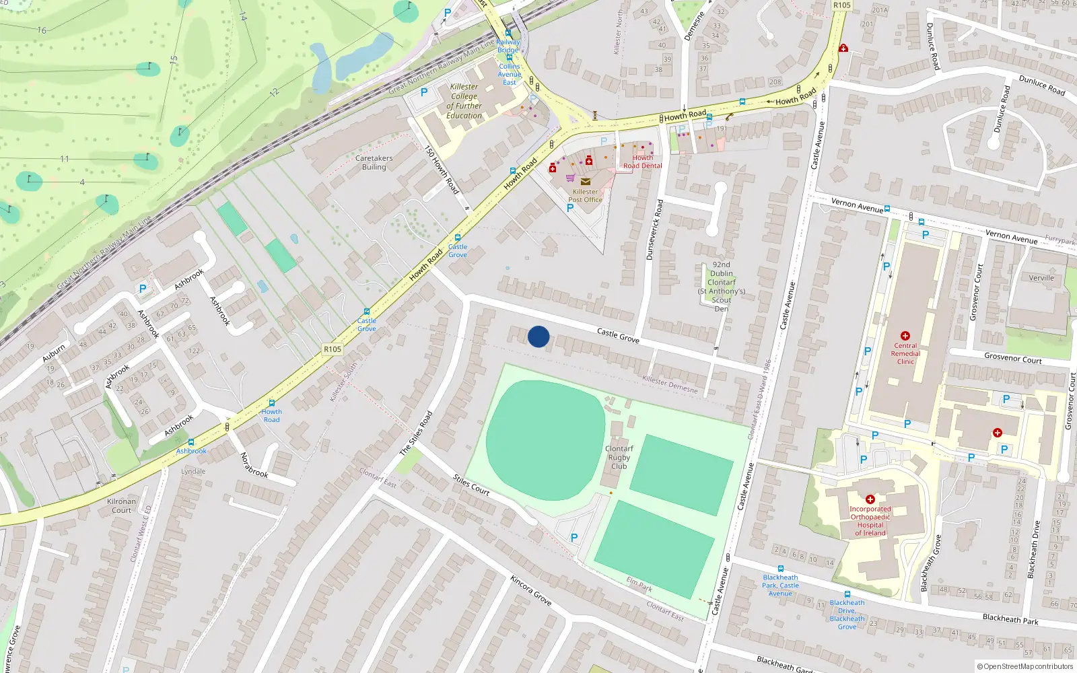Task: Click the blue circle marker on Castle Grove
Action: pos(538,336)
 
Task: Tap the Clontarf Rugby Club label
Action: pos(619,458)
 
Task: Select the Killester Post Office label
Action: pos(585,196)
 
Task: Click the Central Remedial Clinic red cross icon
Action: pos(905,335)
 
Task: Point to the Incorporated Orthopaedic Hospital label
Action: pos(870,521)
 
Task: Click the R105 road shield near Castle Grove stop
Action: pos(333,349)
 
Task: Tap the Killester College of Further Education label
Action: pos(464,101)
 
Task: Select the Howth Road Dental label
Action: pos(642,162)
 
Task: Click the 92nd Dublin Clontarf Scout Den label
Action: pos(721,287)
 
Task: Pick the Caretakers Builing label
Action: pos(374,162)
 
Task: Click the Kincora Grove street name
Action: pos(530,590)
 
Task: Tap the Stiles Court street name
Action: pos(471,485)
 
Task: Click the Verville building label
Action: pos(1041,278)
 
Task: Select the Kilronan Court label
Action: pos(121,505)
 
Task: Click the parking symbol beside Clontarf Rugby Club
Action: pos(574,538)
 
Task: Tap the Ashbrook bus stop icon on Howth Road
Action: pos(191,442)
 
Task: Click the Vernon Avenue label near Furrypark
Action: pos(1011,236)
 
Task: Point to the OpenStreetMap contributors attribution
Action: pos(1024,667)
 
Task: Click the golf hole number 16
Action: pos(42,30)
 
